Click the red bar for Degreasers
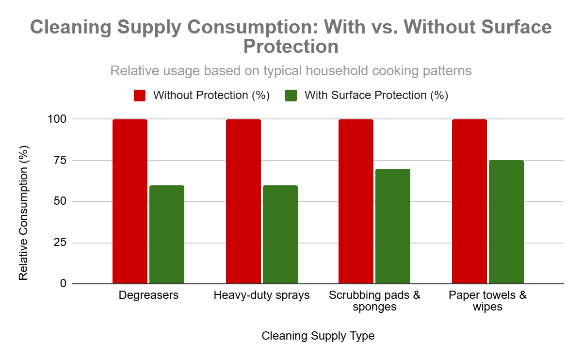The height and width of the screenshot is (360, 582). [130, 201]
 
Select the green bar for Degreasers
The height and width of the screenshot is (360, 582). [167, 234]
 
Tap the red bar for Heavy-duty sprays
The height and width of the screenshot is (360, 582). [243, 201]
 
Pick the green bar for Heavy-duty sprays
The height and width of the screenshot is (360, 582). [280, 234]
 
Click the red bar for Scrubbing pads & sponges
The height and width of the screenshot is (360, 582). [356, 201]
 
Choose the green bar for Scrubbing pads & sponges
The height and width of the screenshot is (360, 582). [393, 226]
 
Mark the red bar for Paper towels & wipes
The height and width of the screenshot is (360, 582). [469, 201]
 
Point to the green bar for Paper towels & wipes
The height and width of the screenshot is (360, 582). [506, 222]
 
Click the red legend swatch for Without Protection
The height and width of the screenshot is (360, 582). [140, 95]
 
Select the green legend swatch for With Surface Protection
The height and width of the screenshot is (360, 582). [291, 95]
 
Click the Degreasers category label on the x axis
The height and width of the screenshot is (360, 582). [148, 295]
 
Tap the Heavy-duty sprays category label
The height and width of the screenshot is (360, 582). [262, 295]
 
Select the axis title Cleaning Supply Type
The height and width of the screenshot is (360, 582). [318, 336]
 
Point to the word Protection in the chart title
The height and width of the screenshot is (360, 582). [291, 47]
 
